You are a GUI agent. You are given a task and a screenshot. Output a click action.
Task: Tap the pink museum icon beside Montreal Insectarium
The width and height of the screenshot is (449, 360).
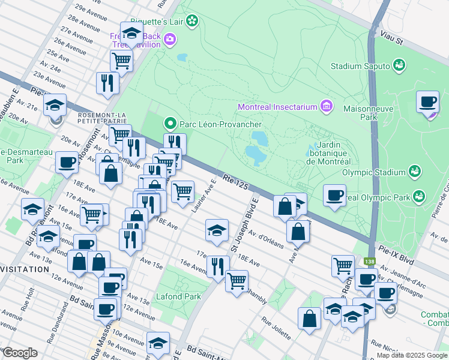click(x=327, y=107)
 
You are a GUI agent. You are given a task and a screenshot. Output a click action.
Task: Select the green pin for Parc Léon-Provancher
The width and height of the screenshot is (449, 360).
click(x=170, y=124)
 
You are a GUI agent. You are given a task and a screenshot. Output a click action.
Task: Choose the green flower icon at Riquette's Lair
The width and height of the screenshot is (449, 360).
click(x=191, y=22)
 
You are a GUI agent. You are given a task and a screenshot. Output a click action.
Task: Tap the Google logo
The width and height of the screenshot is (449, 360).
click(x=20, y=353)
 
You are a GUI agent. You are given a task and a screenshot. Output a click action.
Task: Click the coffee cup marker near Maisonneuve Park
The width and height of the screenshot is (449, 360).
click(x=427, y=101)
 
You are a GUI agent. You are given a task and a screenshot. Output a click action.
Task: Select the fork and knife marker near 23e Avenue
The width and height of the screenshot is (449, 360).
click(x=107, y=83)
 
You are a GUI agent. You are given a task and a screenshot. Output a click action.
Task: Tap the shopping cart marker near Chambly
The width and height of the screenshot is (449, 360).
click(x=237, y=280)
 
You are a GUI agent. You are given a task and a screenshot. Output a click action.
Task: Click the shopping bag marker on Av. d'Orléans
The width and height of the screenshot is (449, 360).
click(x=298, y=231)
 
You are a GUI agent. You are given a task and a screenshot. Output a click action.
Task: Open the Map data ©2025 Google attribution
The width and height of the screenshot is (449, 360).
click(x=412, y=355)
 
